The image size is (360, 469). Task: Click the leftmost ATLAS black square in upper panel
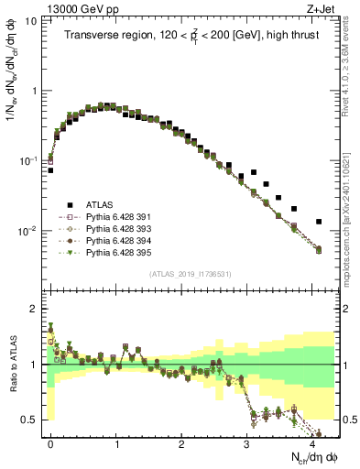point(50,170)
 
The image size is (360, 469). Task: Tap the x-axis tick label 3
point(246,442)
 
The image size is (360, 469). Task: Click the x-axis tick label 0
point(50,442)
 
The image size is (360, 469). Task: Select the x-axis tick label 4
point(312,442)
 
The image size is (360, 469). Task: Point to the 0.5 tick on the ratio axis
point(33,420)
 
